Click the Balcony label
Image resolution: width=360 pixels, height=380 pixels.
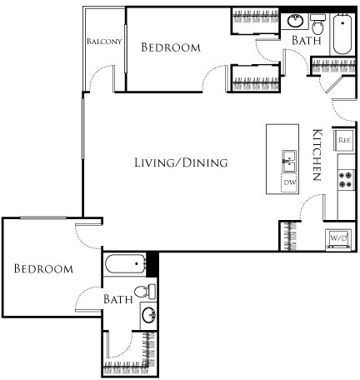(x=103, y=41)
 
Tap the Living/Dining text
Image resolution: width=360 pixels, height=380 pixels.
(x=181, y=162)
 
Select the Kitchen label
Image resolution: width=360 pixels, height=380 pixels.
(x=317, y=155)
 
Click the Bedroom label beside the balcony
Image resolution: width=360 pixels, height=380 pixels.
(x=171, y=47)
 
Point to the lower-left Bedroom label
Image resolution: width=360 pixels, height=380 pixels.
(x=43, y=269)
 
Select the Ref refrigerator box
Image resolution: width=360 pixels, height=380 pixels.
(x=344, y=140)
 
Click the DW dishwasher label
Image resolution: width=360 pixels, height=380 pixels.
(x=289, y=182)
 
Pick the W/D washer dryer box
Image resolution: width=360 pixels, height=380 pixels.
(x=339, y=237)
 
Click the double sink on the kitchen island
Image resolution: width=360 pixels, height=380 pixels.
(x=289, y=159)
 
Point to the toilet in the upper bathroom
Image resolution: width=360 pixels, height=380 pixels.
(x=317, y=22)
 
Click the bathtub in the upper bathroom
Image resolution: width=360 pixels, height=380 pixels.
(x=342, y=36)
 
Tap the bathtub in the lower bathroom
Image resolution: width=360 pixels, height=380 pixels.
(x=127, y=266)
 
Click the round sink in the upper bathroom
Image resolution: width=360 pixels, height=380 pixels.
(x=295, y=21)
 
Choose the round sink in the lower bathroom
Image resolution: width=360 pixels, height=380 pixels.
(x=147, y=316)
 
